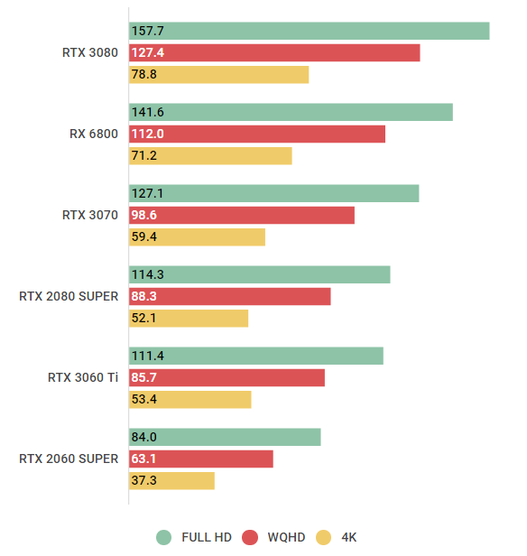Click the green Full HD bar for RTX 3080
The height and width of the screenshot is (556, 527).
point(309,31)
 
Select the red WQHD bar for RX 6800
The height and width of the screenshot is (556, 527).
point(257,134)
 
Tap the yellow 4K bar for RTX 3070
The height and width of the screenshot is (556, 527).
point(197,237)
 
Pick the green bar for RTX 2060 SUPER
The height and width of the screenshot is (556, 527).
point(225,437)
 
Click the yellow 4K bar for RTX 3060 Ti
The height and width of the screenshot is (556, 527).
point(190,400)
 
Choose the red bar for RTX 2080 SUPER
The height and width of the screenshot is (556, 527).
point(230,297)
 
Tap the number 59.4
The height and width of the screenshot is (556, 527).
point(144,237)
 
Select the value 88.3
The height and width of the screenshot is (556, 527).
point(144,297)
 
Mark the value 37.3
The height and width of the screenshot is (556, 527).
point(144,481)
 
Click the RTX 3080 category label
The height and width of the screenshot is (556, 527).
point(89,52)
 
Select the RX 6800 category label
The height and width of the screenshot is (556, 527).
point(93,134)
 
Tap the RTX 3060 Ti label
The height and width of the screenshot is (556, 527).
point(82,377)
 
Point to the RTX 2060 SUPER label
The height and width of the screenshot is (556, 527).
point(68,459)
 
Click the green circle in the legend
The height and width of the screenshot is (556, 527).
point(163,537)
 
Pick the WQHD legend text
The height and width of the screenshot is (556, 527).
point(287,537)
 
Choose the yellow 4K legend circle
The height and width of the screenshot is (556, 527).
point(324,537)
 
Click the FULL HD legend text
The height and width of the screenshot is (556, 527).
point(206,537)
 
